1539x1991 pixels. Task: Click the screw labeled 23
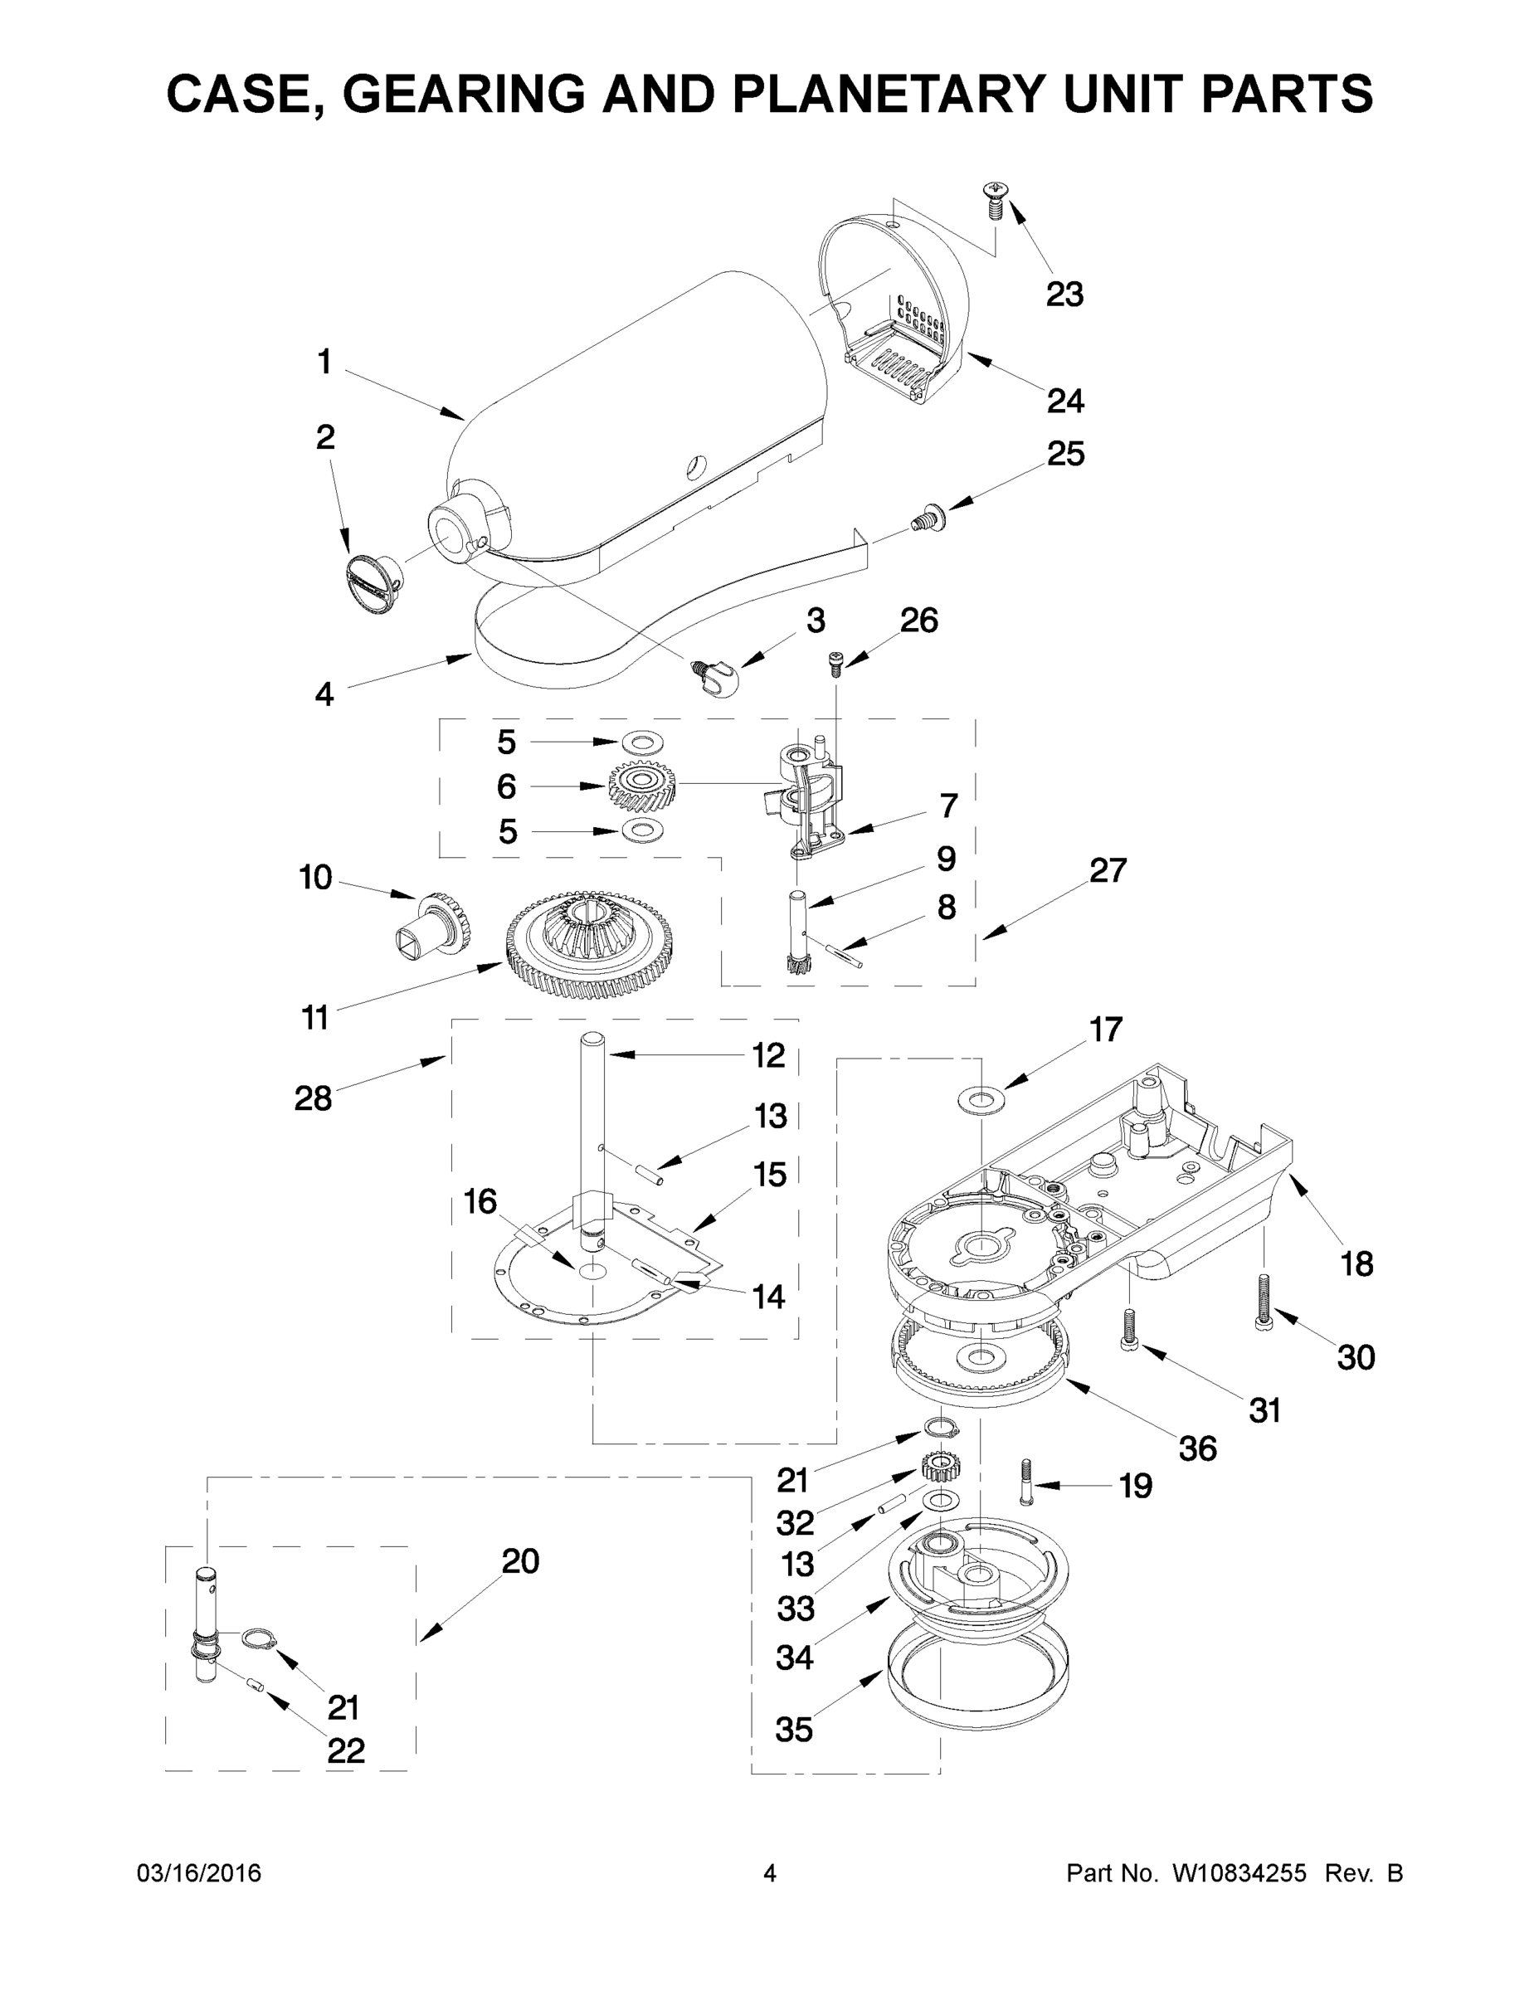click(x=992, y=199)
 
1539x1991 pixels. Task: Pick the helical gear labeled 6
click(x=641, y=786)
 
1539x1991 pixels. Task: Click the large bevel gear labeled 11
click(x=589, y=944)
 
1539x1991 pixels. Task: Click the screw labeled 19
click(x=1025, y=1481)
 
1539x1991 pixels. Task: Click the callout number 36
click(x=1197, y=1448)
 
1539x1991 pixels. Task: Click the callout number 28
click(x=313, y=1098)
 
